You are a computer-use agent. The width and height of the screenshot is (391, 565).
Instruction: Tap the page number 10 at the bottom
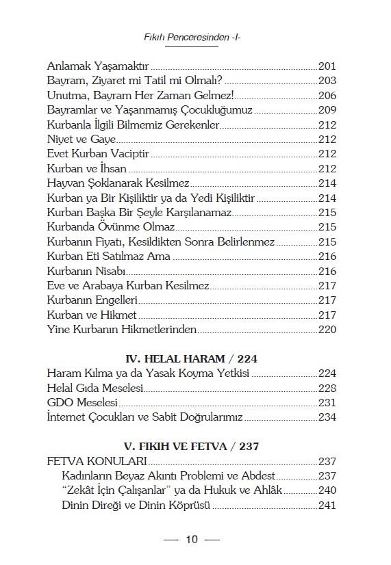click(x=191, y=540)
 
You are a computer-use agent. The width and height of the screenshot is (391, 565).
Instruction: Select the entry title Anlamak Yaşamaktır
click(x=98, y=66)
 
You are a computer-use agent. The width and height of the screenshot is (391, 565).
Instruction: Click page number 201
click(x=327, y=66)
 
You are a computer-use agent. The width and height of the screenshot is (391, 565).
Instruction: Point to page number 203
click(x=327, y=81)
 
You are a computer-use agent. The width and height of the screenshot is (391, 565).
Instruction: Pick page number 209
click(x=327, y=109)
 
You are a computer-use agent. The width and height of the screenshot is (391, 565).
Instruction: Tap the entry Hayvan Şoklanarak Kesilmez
click(x=118, y=183)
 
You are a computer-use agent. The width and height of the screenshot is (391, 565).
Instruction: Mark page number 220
click(x=327, y=330)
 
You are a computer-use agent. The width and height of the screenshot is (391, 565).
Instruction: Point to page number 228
click(x=327, y=388)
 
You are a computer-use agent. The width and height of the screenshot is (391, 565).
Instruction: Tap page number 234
click(x=327, y=417)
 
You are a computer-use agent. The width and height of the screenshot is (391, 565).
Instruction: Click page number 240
click(x=327, y=491)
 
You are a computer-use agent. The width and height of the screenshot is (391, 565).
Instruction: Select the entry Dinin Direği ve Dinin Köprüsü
click(x=135, y=506)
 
